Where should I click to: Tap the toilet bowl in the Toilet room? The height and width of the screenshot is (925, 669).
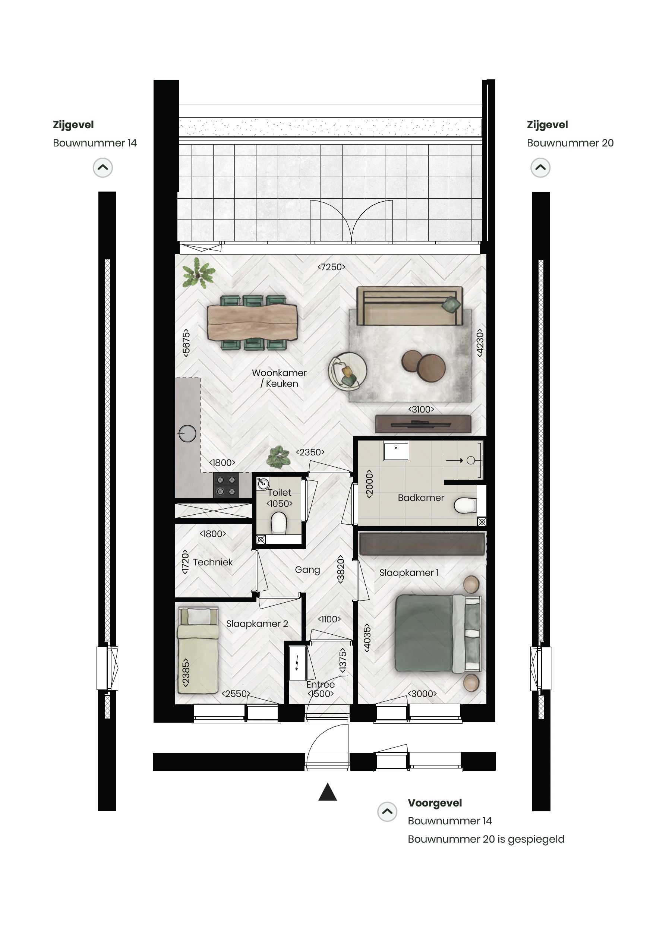pyautogui.click(x=279, y=523)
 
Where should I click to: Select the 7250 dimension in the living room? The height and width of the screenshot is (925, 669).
pyautogui.click(x=331, y=267)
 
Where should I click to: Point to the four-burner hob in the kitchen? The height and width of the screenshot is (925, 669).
pyautogui.click(x=226, y=486)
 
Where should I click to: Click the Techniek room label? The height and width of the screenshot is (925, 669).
pyautogui.click(x=212, y=562)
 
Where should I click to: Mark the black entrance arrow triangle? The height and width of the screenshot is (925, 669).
pyautogui.click(x=327, y=793)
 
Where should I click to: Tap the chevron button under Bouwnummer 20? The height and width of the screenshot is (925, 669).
pyautogui.click(x=540, y=168)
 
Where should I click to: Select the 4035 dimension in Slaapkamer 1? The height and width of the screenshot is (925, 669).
pyautogui.click(x=367, y=638)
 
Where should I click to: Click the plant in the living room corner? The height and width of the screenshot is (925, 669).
pyautogui.click(x=198, y=273)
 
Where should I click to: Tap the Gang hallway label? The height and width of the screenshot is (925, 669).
pyautogui.click(x=307, y=570)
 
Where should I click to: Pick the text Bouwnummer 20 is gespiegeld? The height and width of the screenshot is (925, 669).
pyautogui.click(x=486, y=839)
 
